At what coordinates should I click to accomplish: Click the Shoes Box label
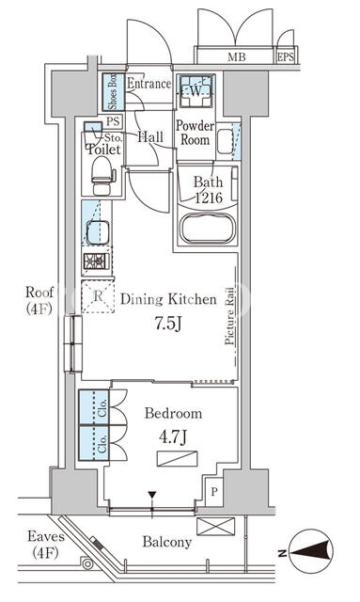113,91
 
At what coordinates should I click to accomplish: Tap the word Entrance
149,84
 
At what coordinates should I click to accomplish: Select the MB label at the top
237,57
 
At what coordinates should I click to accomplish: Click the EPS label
286,57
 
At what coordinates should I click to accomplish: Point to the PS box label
113,122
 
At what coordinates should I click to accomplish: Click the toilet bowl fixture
102,176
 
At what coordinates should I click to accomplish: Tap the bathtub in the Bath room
207,229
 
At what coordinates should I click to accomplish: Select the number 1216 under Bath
209,198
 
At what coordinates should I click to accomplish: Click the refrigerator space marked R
99,296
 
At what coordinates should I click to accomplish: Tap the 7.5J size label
167,325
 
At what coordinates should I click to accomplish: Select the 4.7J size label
173,436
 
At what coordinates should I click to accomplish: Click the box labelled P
214,491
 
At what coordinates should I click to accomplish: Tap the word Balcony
167,542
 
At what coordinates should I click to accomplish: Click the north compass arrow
311,552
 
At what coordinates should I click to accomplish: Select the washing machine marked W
196,91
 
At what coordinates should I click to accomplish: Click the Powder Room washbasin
225,141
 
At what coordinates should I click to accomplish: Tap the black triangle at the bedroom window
153,496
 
